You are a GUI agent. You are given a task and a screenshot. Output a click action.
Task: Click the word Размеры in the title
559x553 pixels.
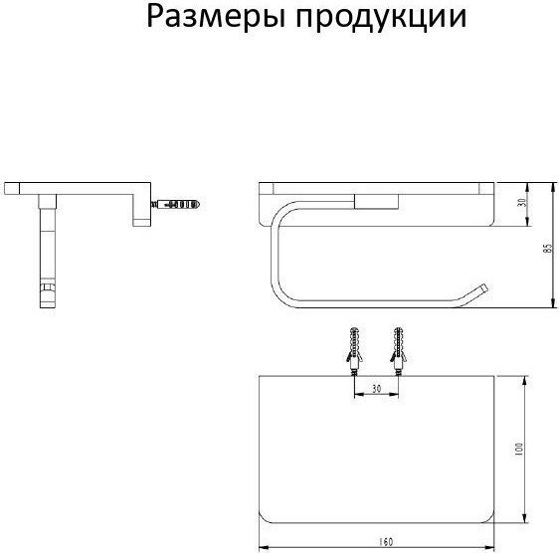(x=216, y=18)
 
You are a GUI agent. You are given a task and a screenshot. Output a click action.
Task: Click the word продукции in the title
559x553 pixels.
(x=381, y=18)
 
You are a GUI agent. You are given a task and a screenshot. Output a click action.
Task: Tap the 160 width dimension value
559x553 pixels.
(x=385, y=542)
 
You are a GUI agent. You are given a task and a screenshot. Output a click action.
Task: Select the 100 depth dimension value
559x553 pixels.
(x=519, y=449)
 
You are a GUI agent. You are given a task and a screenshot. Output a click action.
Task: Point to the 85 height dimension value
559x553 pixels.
(x=548, y=248)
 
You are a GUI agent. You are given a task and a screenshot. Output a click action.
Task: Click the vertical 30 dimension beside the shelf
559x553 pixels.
(x=522, y=203)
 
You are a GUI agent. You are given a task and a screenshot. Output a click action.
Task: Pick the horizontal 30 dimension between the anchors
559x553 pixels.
(x=376, y=389)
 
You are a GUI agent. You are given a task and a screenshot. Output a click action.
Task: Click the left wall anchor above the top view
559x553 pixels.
(x=354, y=351)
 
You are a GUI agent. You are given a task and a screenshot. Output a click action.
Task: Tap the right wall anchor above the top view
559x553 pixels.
(x=399, y=351)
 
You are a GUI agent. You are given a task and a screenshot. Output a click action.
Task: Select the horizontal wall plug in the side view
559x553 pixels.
(x=176, y=204)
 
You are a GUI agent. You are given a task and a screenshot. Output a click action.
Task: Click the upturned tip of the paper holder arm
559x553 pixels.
(x=483, y=288)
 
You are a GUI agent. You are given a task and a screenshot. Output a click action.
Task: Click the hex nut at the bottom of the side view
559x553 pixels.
(x=48, y=288)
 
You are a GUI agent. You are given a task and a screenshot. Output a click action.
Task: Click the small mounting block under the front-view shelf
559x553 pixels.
(x=376, y=202)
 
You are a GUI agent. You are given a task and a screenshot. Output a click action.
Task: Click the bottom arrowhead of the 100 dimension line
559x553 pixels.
(x=524, y=518)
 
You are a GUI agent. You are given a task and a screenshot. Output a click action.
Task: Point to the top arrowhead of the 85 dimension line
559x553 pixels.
(x=553, y=187)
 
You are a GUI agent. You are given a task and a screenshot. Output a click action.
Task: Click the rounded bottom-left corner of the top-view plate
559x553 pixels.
(x=264, y=518)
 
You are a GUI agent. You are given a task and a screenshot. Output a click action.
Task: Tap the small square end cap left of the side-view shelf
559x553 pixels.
(x=12, y=188)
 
